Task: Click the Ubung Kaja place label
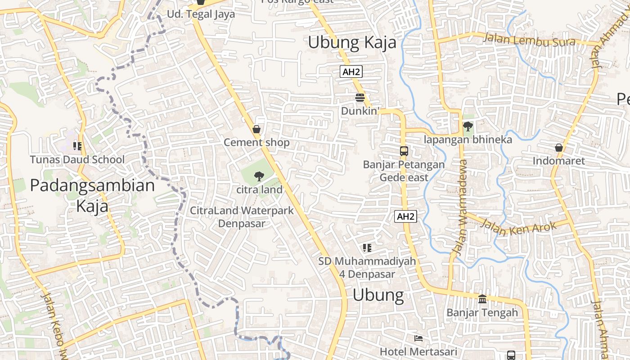(x=352, y=43)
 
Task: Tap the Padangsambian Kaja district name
(x=92, y=195)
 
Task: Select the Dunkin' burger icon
(x=360, y=98)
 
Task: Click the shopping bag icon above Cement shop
(x=256, y=130)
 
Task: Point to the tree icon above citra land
(x=259, y=176)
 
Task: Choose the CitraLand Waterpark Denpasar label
(x=242, y=216)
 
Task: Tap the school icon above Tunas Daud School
(x=77, y=146)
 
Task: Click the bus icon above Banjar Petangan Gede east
(x=404, y=151)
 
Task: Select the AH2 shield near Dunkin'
(x=351, y=72)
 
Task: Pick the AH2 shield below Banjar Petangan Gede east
(x=405, y=216)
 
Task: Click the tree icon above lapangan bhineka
(x=468, y=126)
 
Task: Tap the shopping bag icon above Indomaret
(x=558, y=148)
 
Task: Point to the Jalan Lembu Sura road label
(x=529, y=40)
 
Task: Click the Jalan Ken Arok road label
(x=518, y=228)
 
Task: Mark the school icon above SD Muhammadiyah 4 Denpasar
(x=367, y=247)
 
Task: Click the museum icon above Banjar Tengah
(x=482, y=299)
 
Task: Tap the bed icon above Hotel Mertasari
(x=418, y=338)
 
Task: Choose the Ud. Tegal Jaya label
(x=201, y=14)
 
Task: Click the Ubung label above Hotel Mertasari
(x=378, y=295)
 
